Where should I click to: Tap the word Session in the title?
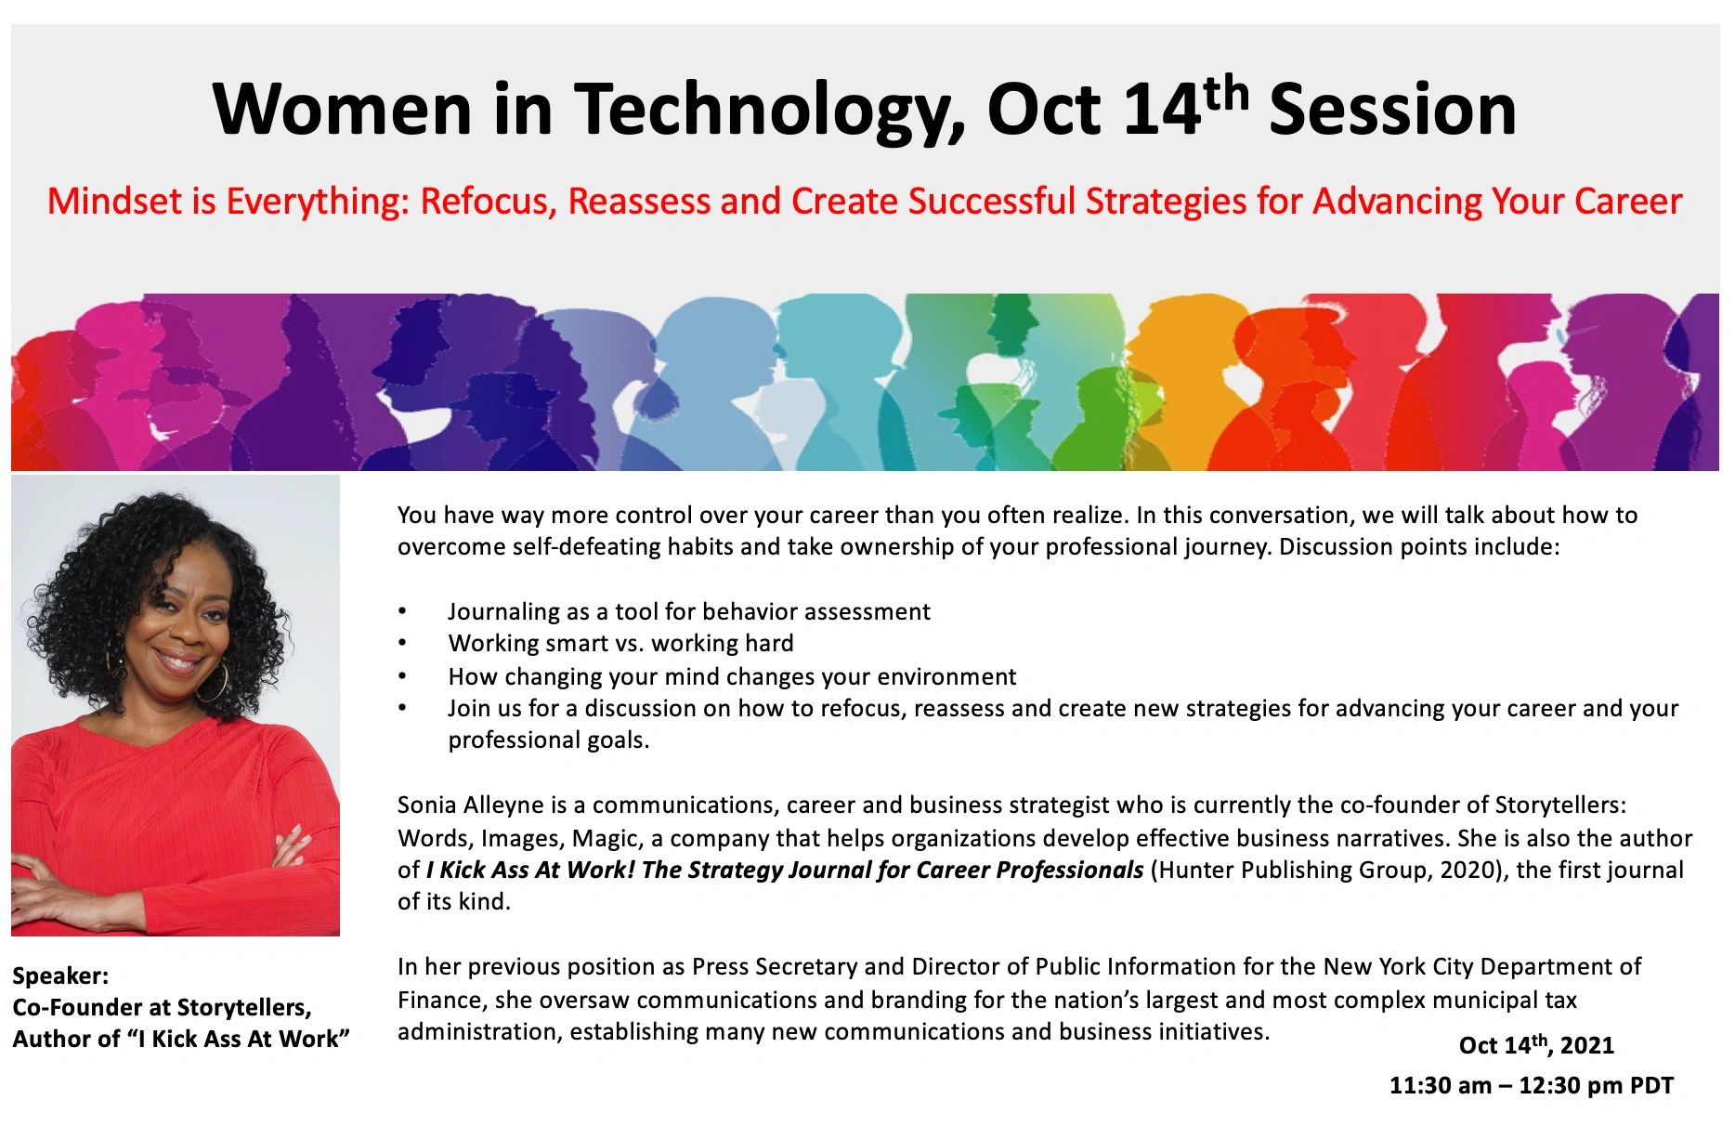(x=1392, y=110)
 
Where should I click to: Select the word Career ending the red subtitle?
(x=1628, y=201)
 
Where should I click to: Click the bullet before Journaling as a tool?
(x=402, y=611)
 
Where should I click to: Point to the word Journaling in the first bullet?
(x=504, y=611)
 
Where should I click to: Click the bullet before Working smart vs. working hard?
(x=402, y=643)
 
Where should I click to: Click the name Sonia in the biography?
(x=426, y=805)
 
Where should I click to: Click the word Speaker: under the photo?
(x=60, y=976)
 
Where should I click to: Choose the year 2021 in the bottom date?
(x=1587, y=1045)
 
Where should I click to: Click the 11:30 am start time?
(x=1440, y=1085)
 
